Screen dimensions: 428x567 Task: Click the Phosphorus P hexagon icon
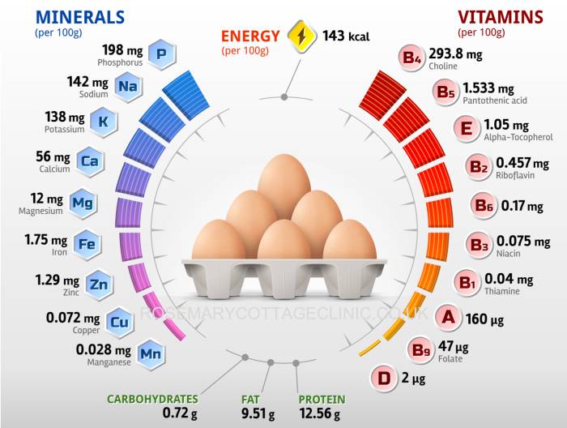[161, 54]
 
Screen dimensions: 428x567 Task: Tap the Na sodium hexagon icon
[126, 85]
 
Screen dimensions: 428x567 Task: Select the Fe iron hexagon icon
[87, 242]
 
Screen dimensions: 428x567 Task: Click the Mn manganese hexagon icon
[149, 353]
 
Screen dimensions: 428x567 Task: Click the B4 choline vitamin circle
[411, 58]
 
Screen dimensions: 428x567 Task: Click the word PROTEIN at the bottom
[322, 400]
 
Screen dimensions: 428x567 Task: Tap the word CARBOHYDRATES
[152, 400]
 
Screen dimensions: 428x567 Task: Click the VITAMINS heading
[500, 17]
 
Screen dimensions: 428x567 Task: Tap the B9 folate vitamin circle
[421, 351]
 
